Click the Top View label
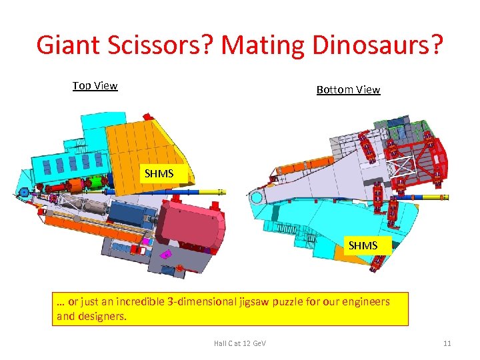click(95, 85)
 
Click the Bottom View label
click(348, 89)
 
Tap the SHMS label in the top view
click(159, 173)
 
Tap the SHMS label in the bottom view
click(363, 245)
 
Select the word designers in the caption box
click(101, 316)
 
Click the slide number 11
click(447, 343)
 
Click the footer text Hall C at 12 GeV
click(239, 343)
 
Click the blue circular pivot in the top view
click(25, 193)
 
